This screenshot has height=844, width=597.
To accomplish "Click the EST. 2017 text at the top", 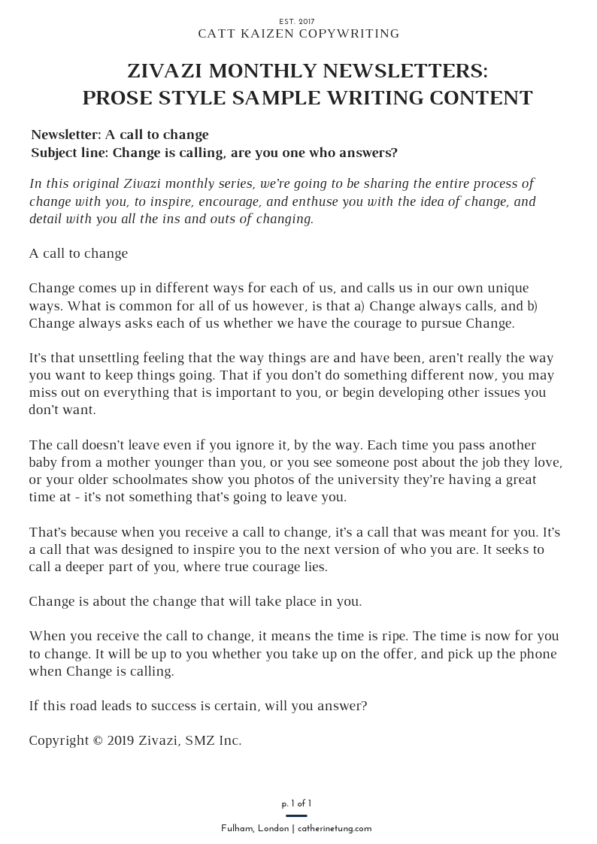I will pos(298,22).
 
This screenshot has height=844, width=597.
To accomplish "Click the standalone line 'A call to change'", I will pos(78,253).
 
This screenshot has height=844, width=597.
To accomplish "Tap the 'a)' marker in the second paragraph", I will pos(359,306).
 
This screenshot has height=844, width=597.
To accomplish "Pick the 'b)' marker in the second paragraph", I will pos(532,306).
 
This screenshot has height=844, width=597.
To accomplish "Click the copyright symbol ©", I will pos(97,740).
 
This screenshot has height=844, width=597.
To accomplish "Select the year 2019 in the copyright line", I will pos(122,740).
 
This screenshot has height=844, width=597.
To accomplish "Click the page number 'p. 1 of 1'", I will pos(297,803).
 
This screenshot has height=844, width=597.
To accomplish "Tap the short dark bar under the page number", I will pos(297,815).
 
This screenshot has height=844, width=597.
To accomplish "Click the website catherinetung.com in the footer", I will pos(335,828).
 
